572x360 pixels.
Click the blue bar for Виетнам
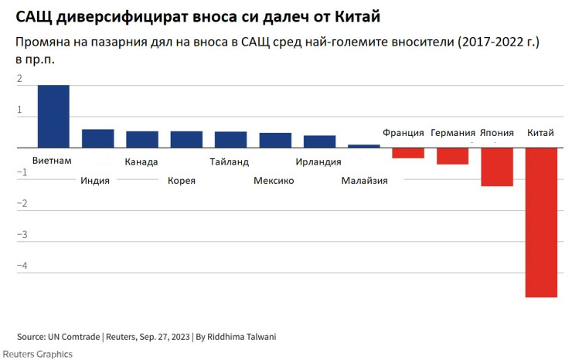click(53, 116)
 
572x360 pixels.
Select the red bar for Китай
click(541, 222)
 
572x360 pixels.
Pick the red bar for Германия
click(452, 156)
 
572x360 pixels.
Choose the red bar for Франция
click(408, 153)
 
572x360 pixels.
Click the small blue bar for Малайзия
click(364, 146)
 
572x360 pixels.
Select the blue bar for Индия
click(98, 138)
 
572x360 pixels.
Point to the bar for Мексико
click(275, 140)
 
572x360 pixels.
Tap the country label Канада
click(141, 162)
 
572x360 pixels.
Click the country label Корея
click(182, 181)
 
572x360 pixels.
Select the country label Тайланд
click(230, 162)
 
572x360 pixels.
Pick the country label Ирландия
click(318, 162)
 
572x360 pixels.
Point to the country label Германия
click(453, 134)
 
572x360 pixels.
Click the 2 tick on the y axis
click(19, 79)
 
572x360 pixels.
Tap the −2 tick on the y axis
click(21, 204)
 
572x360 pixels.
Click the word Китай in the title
click(358, 16)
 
